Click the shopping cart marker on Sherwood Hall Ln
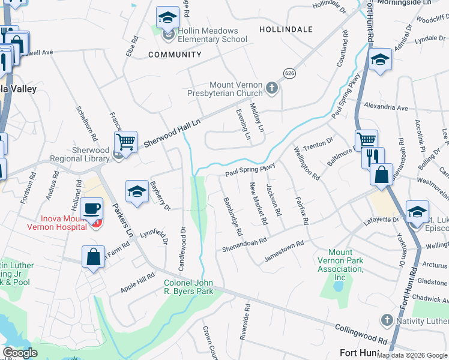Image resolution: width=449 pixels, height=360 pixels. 125,142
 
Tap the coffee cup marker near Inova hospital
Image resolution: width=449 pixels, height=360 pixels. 92,209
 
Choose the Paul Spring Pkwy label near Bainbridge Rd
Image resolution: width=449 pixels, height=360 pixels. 250,169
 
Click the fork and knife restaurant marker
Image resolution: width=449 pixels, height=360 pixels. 373,157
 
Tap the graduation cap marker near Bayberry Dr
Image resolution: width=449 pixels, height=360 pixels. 137,192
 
